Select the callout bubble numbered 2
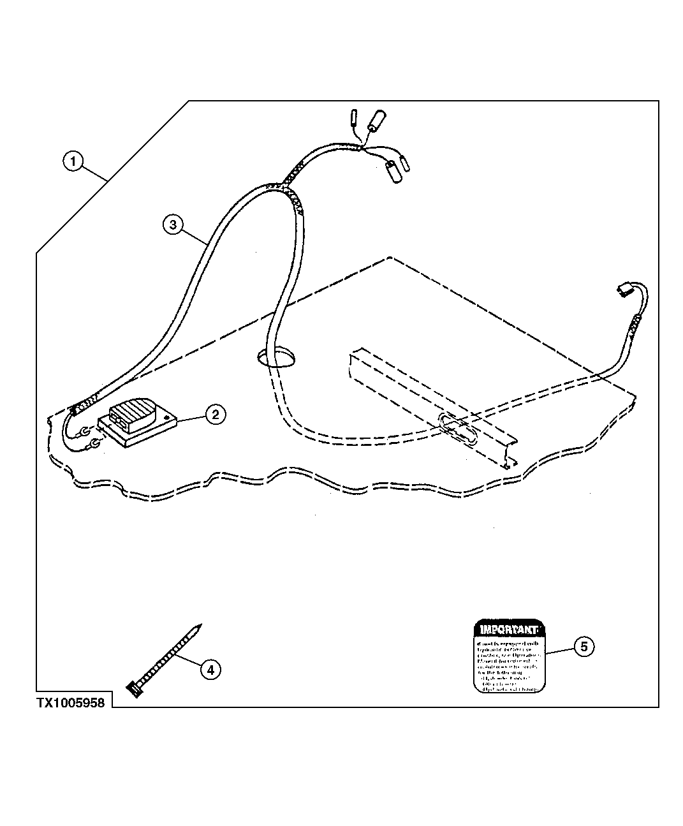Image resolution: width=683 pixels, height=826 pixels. coord(215,415)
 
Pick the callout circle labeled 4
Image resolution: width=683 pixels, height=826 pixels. coord(210,669)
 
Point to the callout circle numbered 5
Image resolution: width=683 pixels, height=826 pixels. coord(584,646)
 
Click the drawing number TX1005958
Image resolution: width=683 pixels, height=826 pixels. coord(70,703)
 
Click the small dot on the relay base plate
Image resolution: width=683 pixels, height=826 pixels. coord(167,418)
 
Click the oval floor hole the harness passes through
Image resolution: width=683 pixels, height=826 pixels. coord(276,358)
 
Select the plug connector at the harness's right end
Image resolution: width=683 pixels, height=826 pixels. coord(623,291)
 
